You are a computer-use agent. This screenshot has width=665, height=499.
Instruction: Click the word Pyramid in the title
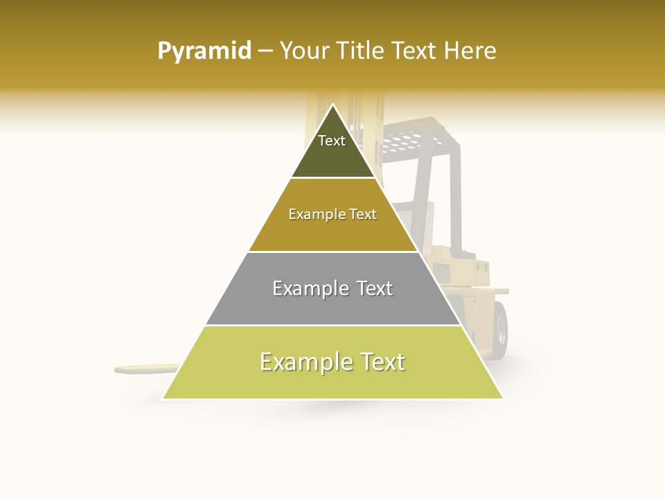tap(204, 51)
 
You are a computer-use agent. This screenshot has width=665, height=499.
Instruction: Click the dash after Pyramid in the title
tap(265, 51)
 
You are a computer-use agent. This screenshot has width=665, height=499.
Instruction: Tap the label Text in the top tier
tap(332, 141)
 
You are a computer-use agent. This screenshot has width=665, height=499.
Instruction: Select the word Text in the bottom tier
tap(380, 362)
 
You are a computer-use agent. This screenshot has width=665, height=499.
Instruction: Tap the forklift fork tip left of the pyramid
tap(125, 369)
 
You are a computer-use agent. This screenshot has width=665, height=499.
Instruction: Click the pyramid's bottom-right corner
tap(502, 399)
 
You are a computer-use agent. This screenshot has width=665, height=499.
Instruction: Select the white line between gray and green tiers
tap(332, 325)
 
